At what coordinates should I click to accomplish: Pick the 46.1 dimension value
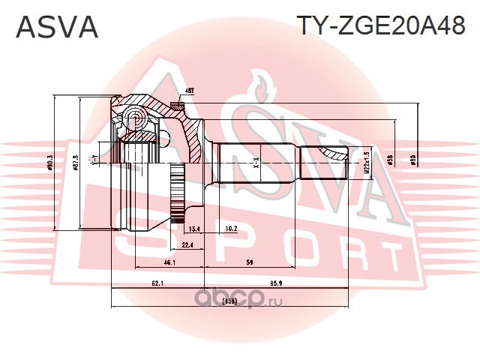point(169,262)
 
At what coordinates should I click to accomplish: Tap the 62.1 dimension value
point(157,283)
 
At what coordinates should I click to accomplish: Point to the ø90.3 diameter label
point(50,162)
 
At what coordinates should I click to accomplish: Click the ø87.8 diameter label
point(76,162)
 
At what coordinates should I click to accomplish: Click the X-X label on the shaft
point(256,160)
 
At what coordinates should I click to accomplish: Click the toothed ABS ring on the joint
point(178,196)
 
